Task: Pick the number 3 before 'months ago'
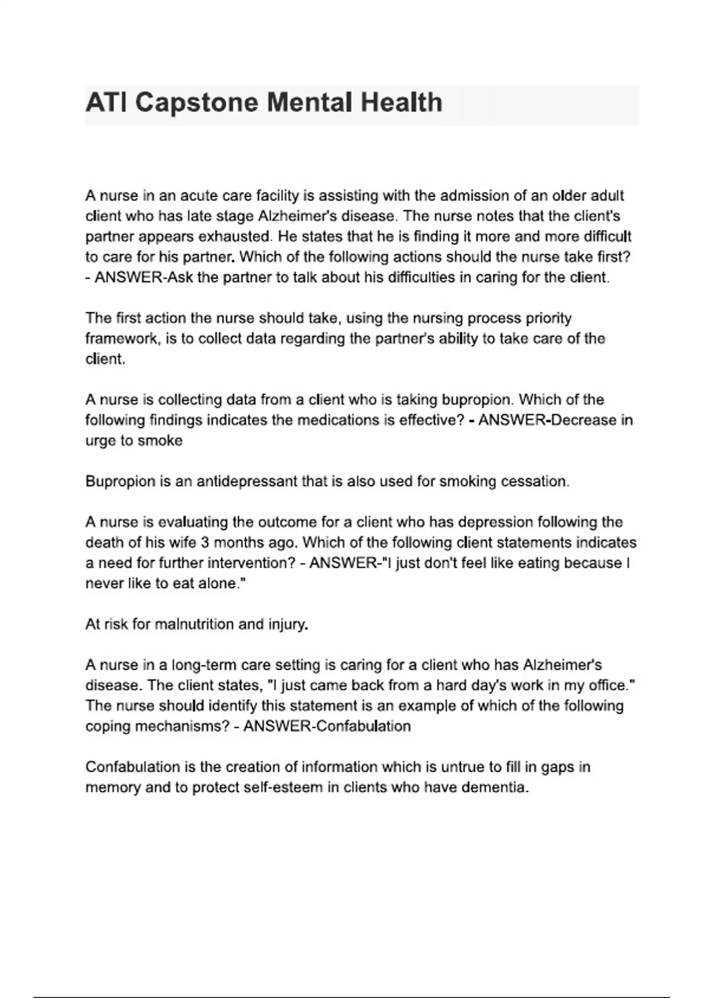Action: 205,542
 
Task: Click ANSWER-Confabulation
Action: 327,726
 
